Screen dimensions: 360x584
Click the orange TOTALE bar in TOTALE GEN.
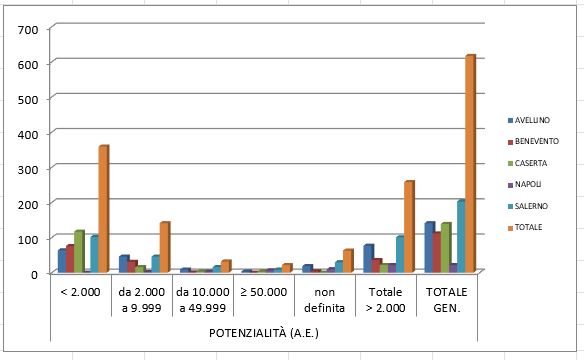point(469,164)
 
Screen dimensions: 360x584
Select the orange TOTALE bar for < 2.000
point(103,209)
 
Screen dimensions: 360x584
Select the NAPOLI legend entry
point(539,184)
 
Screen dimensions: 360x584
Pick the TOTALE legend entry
point(539,226)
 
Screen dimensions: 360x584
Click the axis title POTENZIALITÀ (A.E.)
point(264,330)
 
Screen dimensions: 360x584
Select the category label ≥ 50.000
point(264,291)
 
